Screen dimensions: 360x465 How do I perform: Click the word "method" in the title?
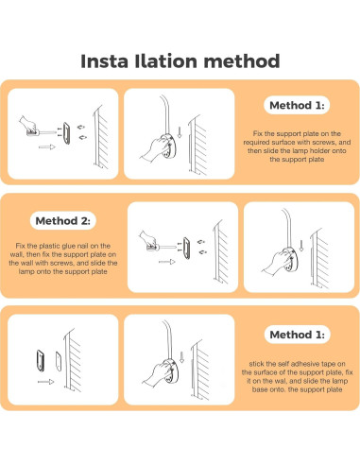242,60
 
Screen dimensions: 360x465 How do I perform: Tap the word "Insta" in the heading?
104,60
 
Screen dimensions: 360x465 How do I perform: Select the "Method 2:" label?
63,220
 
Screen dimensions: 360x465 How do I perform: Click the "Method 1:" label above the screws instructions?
297,105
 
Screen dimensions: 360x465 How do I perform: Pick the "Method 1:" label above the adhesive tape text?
298,335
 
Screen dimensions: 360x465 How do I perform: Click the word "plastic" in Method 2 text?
50,246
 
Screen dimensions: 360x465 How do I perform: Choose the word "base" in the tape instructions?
259,389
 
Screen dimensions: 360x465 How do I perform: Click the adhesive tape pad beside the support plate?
59,361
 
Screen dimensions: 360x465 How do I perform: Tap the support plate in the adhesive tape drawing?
41,360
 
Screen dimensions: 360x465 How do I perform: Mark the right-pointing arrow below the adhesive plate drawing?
46,382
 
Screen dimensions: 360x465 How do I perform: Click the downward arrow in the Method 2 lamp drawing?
301,246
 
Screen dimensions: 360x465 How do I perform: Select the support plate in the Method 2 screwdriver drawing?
186,249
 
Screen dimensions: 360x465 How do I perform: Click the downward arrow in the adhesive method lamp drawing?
181,357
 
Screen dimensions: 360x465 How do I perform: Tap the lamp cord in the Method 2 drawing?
287,227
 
